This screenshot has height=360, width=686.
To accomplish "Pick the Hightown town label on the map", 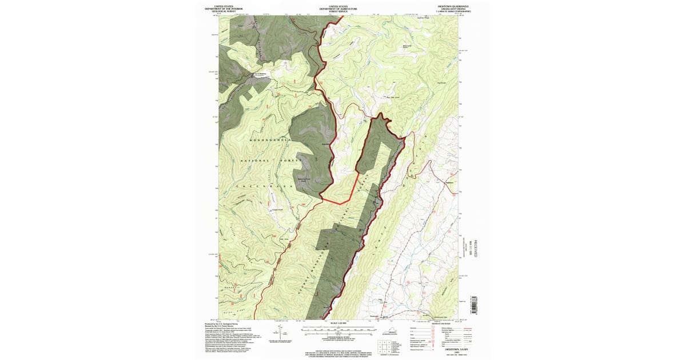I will (x=449, y=182).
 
